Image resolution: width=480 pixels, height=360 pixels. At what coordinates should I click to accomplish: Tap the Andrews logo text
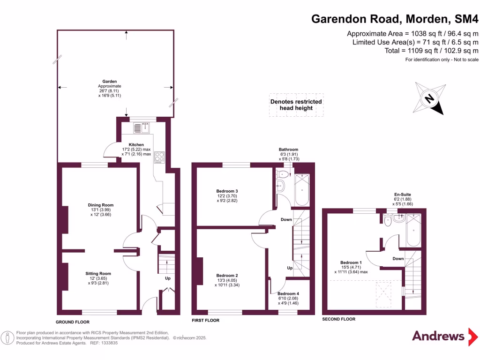(438, 336)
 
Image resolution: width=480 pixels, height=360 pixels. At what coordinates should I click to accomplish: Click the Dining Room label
(101, 205)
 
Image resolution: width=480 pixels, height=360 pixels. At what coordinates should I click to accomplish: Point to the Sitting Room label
(98, 273)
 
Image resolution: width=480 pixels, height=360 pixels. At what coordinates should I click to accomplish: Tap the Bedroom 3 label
(227, 191)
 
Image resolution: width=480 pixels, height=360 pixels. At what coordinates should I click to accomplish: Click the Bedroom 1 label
(351, 262)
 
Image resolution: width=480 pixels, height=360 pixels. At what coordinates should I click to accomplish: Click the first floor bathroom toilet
(283, 174)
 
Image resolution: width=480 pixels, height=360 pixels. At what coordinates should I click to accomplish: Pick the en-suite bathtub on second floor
(414, 230)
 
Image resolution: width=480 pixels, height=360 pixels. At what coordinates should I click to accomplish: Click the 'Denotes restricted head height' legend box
(296, 105)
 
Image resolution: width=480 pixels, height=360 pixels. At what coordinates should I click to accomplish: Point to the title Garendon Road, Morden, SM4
(395, 19)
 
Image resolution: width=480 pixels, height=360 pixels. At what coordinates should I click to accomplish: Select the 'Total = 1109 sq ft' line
(431, 51)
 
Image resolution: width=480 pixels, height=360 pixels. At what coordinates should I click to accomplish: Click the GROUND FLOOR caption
(72, 322)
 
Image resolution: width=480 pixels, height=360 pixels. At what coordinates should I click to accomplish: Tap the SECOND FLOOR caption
(338, 319)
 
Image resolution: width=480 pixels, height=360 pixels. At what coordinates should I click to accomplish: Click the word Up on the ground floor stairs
(167, 278)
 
